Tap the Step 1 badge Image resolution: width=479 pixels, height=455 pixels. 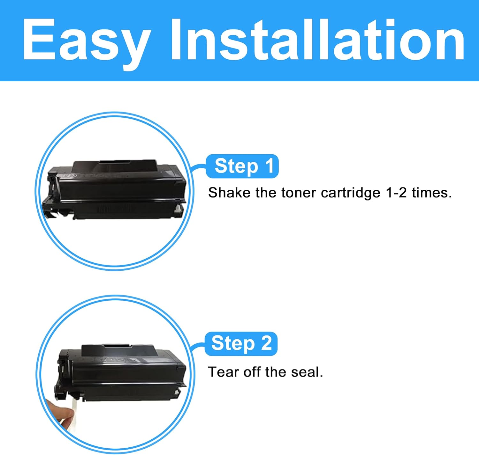pyautogui.click(x=242, y=166)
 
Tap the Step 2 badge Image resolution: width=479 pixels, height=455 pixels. pyautogui.click(x=241, y=343)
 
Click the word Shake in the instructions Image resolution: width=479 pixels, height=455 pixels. pyautogui.click(x=229, y=193)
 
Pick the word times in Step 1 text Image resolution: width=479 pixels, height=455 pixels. pyautogui.click(x=432, y=193)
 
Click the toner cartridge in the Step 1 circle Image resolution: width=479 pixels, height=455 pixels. pyautogui.click(x=115, y=189)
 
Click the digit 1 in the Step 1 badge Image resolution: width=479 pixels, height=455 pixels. pyautogui.click(x=269, y=166)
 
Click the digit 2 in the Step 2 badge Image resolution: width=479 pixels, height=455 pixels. pyautogui.click(x=266, y=343)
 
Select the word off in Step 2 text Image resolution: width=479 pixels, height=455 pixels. pyautogui.click(x=252, y=372)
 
